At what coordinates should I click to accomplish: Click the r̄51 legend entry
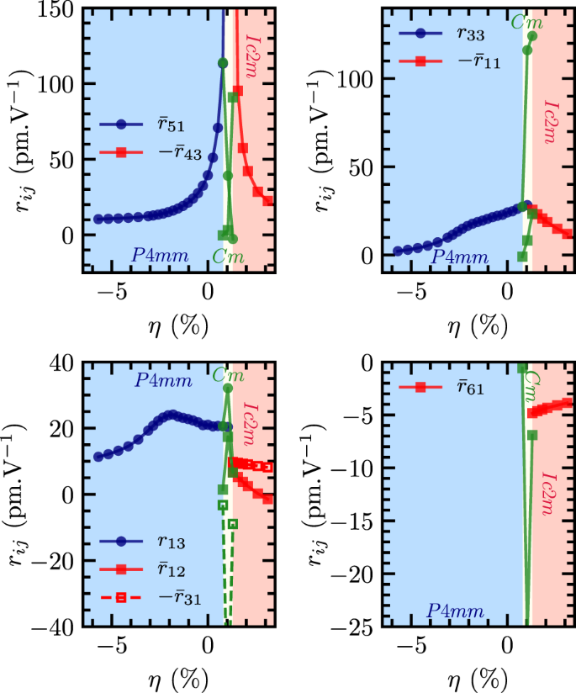coord(144,125)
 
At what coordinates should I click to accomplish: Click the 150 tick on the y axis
coord(56,9)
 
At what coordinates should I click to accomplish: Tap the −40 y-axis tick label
coord(51,627)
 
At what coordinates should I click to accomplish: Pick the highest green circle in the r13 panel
coord(228,389)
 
